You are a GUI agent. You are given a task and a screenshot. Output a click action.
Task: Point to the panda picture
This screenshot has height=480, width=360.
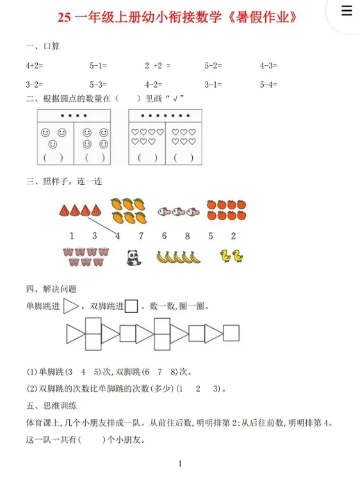click(x=134, y=257)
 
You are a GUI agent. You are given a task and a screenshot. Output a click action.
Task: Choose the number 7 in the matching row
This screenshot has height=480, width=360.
click(x=141, y=236)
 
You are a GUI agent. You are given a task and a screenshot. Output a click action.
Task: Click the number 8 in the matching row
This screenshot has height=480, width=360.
click(x=187, y=236)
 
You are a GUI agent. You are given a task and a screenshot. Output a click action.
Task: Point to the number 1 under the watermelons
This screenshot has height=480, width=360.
click(x=72, y=236)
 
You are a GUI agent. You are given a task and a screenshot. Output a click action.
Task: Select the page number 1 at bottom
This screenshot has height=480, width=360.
click(x=181, y=463)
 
